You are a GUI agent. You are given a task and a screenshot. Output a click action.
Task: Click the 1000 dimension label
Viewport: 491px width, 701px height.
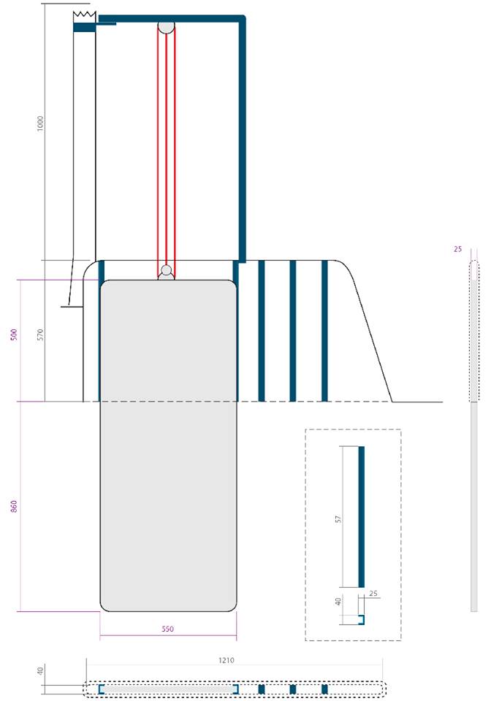(x=41, y=123)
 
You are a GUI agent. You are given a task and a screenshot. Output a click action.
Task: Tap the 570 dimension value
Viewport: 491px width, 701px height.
(x=41, y=334)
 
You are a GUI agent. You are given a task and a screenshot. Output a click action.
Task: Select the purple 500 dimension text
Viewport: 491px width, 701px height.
(x=14, y=334)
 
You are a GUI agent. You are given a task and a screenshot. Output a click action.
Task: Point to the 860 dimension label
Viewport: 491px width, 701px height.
(x=14, y=507)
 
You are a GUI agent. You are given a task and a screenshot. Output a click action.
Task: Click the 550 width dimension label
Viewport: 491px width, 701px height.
(x=168, y=629)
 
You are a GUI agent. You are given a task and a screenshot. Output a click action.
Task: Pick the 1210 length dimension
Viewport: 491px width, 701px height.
(x=227, y=660)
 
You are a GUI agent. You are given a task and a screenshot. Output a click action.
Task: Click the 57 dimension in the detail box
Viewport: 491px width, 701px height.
(x=338, y=519)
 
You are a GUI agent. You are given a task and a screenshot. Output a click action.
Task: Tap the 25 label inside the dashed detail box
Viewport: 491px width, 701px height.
(x=373, y=594)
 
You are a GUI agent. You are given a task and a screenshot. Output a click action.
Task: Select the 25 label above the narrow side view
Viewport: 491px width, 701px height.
(x=457, y=249)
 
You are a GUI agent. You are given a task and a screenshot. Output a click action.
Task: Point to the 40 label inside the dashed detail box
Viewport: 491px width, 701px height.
(x=338, y=602)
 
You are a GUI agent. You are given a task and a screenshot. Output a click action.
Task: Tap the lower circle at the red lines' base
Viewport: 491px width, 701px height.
(x=167, y=270)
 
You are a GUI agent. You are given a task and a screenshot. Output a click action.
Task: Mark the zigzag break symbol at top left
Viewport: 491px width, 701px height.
(x=85, y=16)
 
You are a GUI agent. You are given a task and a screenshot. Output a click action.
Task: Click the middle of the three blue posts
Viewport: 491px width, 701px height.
(x=293, y=331)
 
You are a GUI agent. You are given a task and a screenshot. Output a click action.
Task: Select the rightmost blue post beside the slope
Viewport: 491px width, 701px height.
(x=324, y=331)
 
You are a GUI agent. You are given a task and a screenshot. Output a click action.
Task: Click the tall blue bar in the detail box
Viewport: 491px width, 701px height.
(x=362, y=517)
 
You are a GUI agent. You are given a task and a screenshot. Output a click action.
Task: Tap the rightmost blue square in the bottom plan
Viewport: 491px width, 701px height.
(x=324, y=689)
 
